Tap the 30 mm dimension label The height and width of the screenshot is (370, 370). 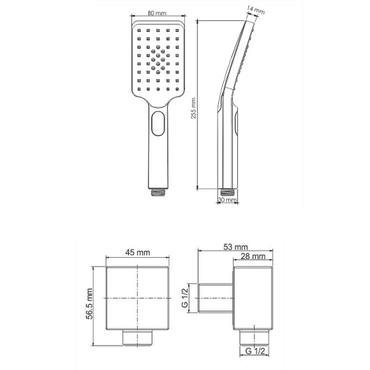click(226, 200)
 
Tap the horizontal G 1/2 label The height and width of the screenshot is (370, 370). click(253, 350)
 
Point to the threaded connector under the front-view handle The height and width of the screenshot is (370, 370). click(158, 190)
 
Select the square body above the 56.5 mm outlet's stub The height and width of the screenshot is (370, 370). click(137, 299)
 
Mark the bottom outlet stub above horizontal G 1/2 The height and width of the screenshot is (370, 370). click(253, 337)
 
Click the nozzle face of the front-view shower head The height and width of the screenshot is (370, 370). click(158, 61)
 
